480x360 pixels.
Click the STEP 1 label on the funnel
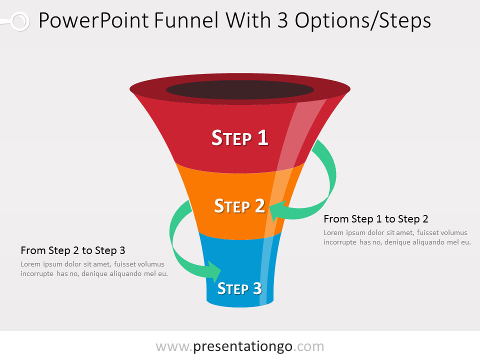coord(240,138)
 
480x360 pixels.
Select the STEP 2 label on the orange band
coord(239,205)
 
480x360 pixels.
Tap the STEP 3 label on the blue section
coord(239,288)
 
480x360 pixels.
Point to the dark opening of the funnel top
coord(240,89)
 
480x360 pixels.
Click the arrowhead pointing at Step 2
coord(278,210)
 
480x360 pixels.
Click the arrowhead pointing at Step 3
coord(214,271)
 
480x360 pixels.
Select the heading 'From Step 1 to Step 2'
coord(376,219)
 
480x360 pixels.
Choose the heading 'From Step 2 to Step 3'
coord(73,250)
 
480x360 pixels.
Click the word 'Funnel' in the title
coord(186,21)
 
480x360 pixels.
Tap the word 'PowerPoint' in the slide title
coord(93,21)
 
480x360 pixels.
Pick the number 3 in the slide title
coord(283,21)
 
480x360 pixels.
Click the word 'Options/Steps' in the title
coord(363,21)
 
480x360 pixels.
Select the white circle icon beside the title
coord(19,21)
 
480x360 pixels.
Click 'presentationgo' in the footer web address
coord(243,346)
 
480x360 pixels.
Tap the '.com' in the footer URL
coord(308,347)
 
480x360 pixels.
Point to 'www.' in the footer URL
coord(174,347)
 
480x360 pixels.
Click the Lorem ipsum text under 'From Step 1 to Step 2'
coord(397,237)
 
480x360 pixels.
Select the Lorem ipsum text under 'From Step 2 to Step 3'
coord(94,269)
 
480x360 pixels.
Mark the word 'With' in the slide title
coord(248,21)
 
